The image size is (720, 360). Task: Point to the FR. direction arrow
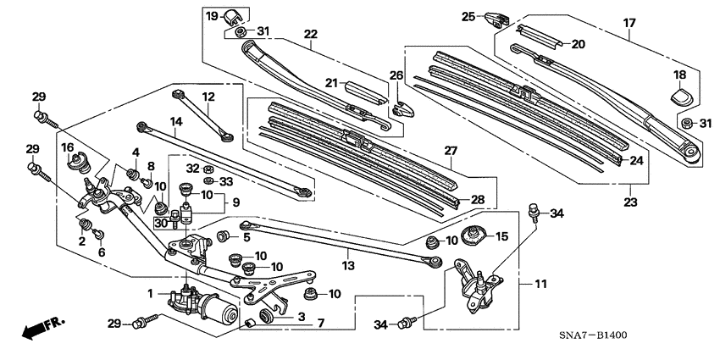click(42, 328)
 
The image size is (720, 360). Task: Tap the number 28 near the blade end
click(477, 199)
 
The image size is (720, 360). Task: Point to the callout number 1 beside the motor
click(151, 293)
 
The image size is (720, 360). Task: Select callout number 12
click(208, 97)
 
